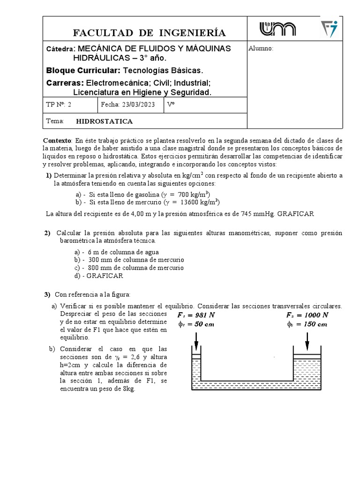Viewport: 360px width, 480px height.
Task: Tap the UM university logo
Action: click(278, 29)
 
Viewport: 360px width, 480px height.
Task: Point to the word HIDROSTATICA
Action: click(104, 121)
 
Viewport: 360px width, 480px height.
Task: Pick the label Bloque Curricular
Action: click(83, 70)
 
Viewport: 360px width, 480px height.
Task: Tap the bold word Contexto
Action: click(57, 141)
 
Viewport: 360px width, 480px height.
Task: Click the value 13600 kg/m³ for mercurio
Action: click(194, 202)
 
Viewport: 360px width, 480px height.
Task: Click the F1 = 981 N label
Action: click(196, 315)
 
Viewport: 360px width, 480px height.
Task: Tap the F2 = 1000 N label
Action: click(307, 315)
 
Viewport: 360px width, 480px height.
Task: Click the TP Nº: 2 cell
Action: click(60, 105)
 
